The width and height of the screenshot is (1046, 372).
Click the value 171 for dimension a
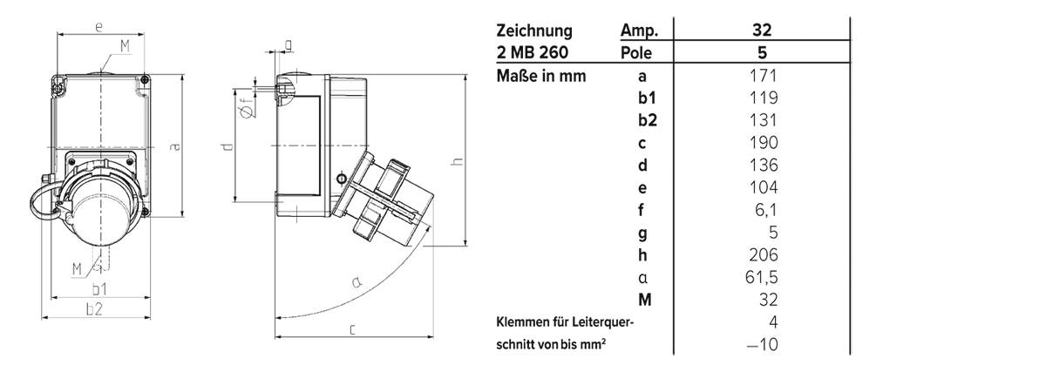click(x=763, y=76)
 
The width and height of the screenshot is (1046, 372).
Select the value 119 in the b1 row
click(x=763, y=98)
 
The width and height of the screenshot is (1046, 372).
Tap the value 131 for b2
click(x=763, y=120)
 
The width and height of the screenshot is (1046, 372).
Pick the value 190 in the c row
click(x=763, y=143)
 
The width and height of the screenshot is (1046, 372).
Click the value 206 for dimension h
click(x=763, y=255)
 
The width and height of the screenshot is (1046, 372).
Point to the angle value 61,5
click(x=763, y=278)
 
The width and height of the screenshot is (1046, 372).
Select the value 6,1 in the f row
click(x=763, y=210)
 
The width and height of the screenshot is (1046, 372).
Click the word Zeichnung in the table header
click(x=534, y=30)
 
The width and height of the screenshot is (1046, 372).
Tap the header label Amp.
click(x=638, y=30)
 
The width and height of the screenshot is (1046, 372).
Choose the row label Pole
click(x=636, y=53)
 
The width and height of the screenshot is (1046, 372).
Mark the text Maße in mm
click(x=540, y=76)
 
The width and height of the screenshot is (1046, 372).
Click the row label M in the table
click(x=645, y=301)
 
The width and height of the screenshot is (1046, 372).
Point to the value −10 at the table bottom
click(x=761, y=345)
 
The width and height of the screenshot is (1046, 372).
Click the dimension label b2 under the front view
click(x=94, y=308)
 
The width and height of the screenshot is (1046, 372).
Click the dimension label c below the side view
click(x=351, y=328)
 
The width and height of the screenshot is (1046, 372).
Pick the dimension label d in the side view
click(x=227, y=148)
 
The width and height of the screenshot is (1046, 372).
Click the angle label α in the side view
click(x=356, y=281)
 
